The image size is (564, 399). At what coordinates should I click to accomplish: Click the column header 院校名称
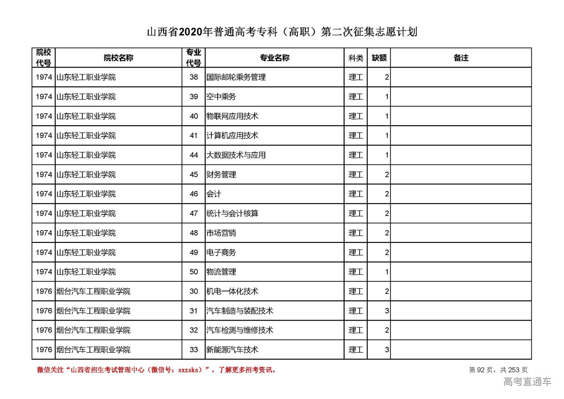tap(119, 58)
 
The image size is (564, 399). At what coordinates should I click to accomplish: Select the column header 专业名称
tap(274, 58)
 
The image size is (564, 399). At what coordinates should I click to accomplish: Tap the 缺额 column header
tap(379, 58)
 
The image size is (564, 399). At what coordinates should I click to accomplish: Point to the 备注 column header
tap(461, 58)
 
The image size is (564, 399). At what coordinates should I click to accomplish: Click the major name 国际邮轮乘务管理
tap(236, 77)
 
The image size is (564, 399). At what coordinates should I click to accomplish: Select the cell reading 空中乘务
tap(221, 97)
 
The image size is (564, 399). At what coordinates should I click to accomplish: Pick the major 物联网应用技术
tap(232, 116)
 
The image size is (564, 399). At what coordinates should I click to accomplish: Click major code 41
tap(194, 136)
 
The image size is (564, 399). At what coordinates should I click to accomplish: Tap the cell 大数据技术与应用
tap(236, 155)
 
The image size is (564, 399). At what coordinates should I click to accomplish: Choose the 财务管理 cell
tap(221, 175)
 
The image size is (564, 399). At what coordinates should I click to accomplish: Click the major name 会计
tap(214, 194)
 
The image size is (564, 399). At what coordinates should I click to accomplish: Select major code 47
tap(194, 213)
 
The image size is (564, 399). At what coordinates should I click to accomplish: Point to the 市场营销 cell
tap(221, 233)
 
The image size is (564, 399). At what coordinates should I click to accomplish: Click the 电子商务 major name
tap(221, 253)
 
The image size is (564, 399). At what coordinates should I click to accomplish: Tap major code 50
tap(194, 272)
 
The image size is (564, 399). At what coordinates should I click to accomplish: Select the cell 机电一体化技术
tap(232, 291)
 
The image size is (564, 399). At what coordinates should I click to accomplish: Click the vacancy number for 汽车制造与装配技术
tap(386, 311)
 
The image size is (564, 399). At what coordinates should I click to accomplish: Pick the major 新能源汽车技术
tap(232, 350)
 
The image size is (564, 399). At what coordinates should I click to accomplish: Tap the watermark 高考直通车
tap(527, 382)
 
